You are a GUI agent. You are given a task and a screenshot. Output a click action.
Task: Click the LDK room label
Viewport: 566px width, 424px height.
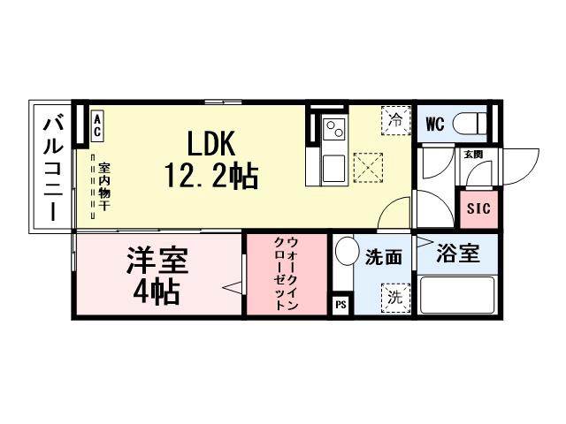click(x=210, y=143)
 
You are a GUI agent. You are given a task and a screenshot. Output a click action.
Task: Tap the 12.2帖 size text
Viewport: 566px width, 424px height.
click(x=210, y=177)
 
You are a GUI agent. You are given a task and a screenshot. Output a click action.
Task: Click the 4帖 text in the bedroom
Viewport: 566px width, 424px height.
click(x=157, y=291)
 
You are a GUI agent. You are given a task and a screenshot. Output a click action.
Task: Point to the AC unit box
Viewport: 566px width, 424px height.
click(x=97, y=125)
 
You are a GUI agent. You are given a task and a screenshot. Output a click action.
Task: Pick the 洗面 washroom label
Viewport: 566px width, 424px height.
click(x=384, y=258)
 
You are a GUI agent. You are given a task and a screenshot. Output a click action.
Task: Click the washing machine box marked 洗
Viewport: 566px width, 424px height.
click(x=394, y=298)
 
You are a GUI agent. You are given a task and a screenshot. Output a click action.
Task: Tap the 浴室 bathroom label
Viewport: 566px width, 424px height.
click(x=459, y=254)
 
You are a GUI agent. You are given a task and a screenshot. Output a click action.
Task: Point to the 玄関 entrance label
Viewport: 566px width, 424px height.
click(x=472, y=154)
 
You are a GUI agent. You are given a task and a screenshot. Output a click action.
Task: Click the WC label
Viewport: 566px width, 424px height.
click(x=434, y=124)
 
